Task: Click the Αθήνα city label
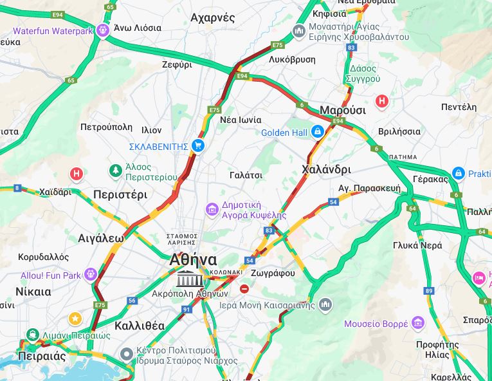pyautogui.click(x=193, y=259)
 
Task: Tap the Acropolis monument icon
pyautogui.click(x=190, y=279)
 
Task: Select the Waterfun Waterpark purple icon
pyautogui.click(x=103, y=30)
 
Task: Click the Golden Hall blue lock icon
pyautogui.click(x=317, y=132)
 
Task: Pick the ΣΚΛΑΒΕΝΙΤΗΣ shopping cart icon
pyautogui.click(x=198, y=146)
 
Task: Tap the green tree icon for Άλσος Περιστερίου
pyautogui.click(x=115, y=171)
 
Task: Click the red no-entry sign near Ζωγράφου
pyautogui.click(x=244, y=289)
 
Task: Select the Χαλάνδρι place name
pyautogui.click(x=326, y=169)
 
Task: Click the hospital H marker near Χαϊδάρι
pyautogui.click(x=77, y=174)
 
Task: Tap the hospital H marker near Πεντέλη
pyautogui.click(x=382, y=101)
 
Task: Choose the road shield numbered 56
pyautogui.click(x=132, y=301)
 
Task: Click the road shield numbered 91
pyautogui.click(x=187, y=310)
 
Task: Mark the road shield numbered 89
pyautogui.click(x=429, y=291)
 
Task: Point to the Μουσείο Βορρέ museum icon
pyautogui.click(x=418, y=322)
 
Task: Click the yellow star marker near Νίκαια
pyautogui.click(x=75, y=318)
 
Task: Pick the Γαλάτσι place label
pyautogui.click(x=246, y=174)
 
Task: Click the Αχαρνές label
pyautogui.click(x=213, y=18)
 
